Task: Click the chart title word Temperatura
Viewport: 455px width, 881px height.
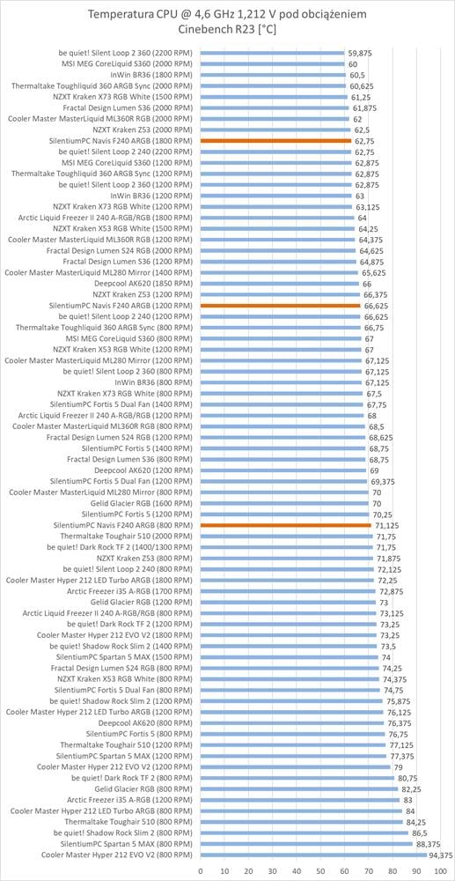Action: click(121, 14)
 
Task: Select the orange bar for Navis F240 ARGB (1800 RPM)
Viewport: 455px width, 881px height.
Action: click(276, 141)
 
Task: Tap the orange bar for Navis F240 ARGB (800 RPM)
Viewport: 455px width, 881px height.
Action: click(286, 525)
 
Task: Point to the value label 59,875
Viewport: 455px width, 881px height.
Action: click(360, 54)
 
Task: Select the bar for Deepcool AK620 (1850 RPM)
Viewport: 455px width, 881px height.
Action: click(280, 284)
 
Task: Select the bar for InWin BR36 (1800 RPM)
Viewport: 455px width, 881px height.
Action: click(273, 75)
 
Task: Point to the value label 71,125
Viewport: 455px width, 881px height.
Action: click(387, 525)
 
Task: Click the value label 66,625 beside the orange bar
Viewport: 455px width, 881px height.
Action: click(376, 306)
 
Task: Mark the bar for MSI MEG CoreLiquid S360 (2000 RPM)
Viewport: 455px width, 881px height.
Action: click(273, 64)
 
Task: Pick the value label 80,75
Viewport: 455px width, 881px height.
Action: click(407, 778)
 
